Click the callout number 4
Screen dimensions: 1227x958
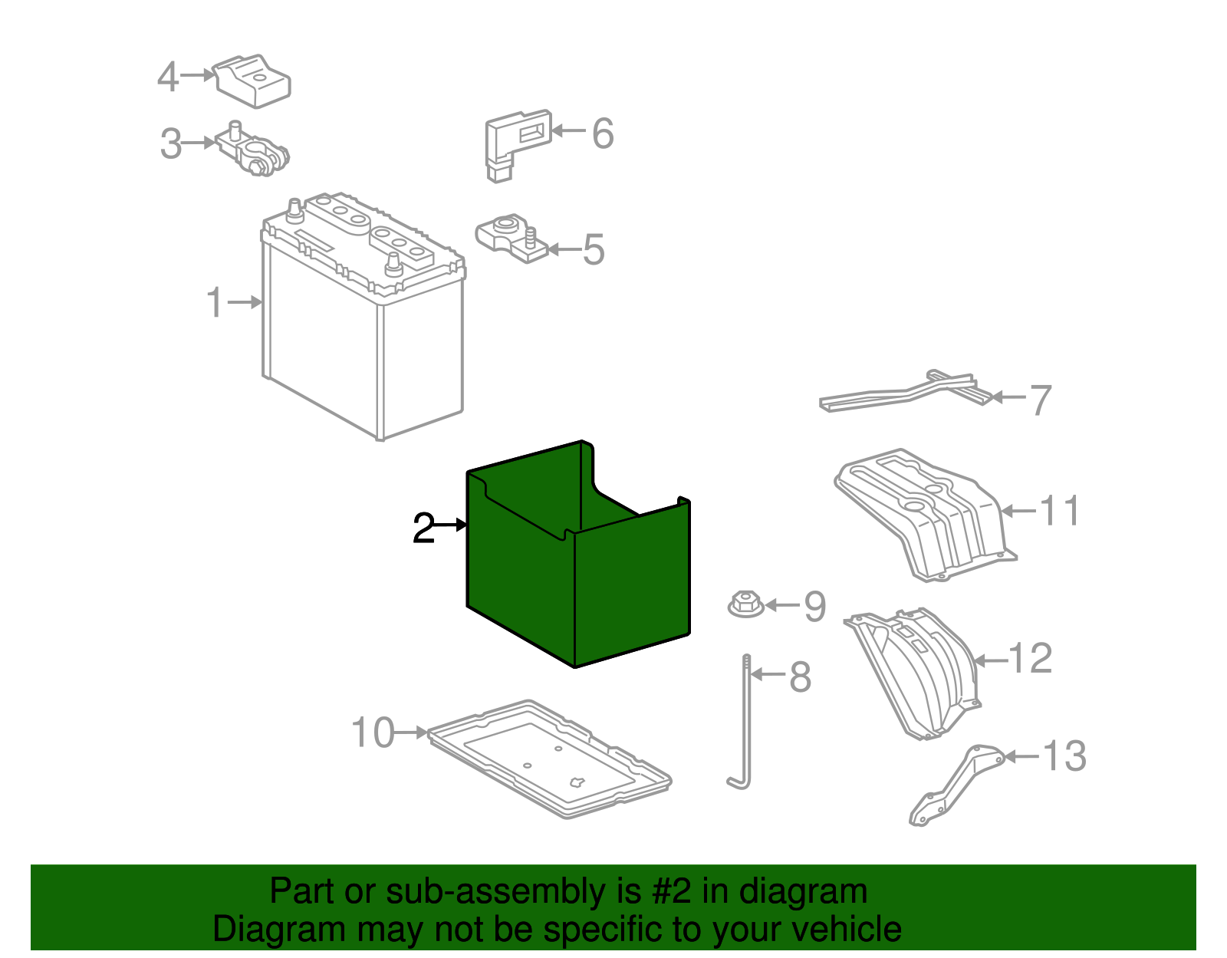(168, 76)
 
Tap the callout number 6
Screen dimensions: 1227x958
(603, 133)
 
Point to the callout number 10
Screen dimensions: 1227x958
(373, 732)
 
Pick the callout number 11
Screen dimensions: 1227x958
(1059, 511)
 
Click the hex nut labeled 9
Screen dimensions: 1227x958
(746, 604)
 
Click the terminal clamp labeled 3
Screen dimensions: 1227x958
(252, 150)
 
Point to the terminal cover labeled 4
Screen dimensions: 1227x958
(252, 81)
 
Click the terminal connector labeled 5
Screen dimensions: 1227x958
(511, 239)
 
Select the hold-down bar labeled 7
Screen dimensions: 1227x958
(905, 393)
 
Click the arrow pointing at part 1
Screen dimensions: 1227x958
(245, 302)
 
